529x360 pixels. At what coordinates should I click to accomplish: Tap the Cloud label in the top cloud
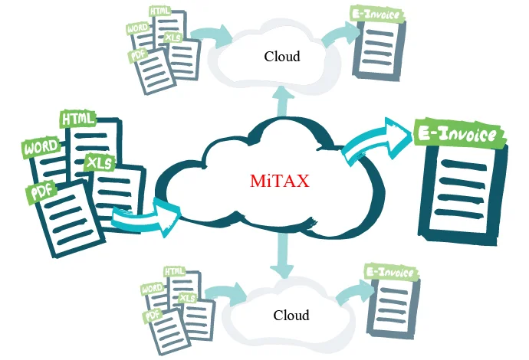point(282,56)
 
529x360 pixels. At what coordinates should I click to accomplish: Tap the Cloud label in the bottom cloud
point(291,315)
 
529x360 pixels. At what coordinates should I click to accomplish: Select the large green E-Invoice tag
point(458,135)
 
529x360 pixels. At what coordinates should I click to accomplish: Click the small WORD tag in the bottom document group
point(151,289)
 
